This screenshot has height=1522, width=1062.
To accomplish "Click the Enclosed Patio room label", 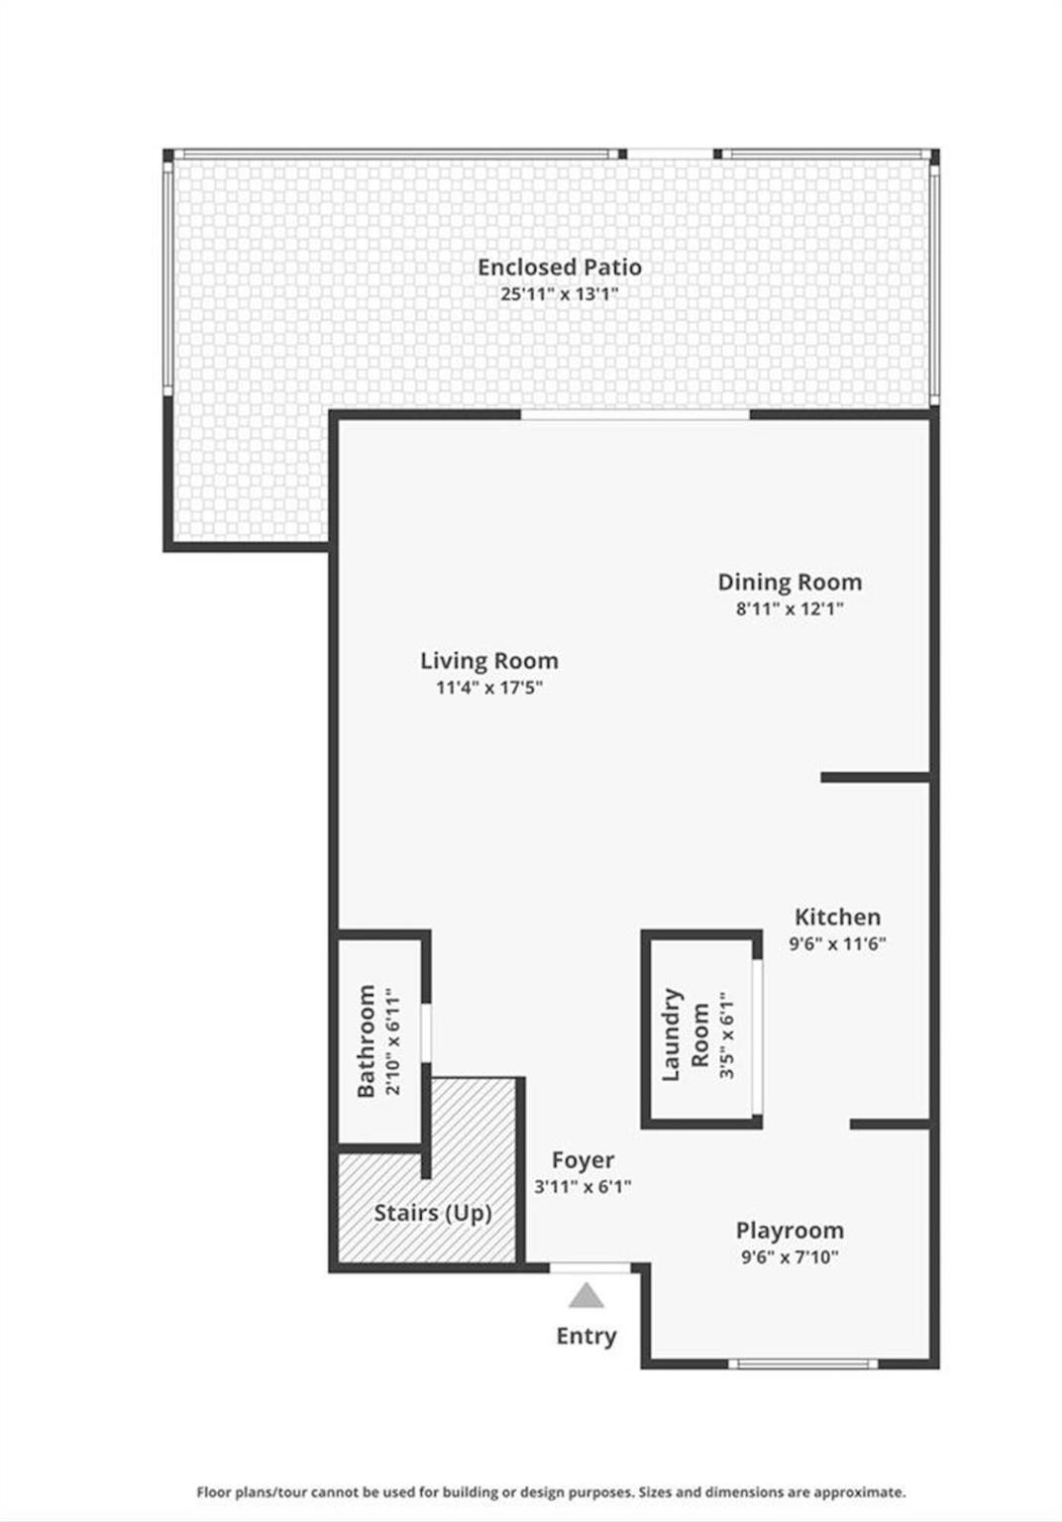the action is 559,267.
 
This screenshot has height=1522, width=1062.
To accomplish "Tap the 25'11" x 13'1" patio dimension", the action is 559,294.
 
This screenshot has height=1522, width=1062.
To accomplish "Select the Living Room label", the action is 489,661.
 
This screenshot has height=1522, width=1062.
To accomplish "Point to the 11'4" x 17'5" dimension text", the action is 489,688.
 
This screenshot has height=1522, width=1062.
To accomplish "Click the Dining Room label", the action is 791,582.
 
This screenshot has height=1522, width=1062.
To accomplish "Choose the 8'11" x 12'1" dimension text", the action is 791,608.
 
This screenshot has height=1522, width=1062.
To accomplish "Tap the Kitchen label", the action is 838,917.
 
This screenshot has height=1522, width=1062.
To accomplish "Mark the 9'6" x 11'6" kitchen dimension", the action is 838,943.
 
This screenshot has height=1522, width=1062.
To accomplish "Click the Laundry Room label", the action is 686,1034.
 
